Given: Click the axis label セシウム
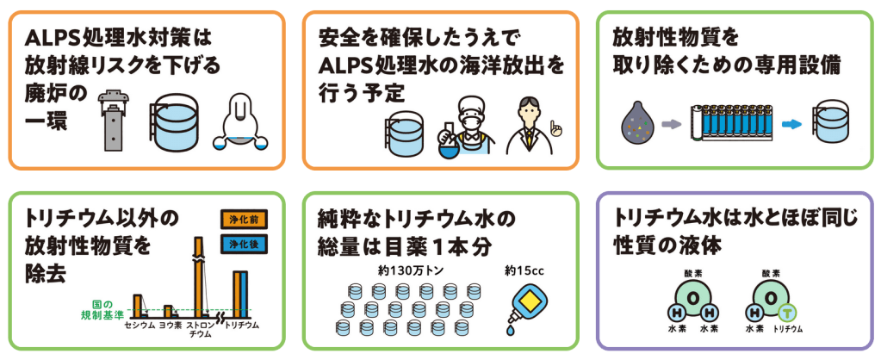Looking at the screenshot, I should pos(139,326).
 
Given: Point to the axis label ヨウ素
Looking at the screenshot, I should pos(169,326).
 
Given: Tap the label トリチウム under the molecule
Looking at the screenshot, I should pos(788,329).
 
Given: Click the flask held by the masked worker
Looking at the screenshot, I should pos(449,138).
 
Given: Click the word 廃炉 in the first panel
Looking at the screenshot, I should pos(46,91).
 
